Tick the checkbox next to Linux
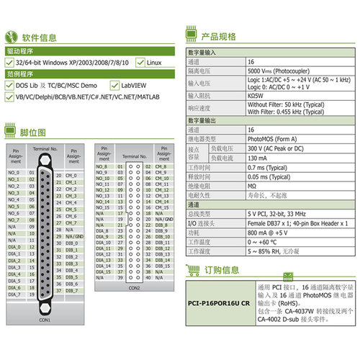tap(140, 63)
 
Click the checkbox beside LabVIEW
tap(114, 85)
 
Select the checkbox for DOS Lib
tap(9, 85)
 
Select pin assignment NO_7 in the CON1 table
tap(14, 220)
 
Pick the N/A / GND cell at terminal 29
tap(74, 236)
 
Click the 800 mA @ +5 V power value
tap(271, 233)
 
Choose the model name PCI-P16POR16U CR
tap(219, 304)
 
